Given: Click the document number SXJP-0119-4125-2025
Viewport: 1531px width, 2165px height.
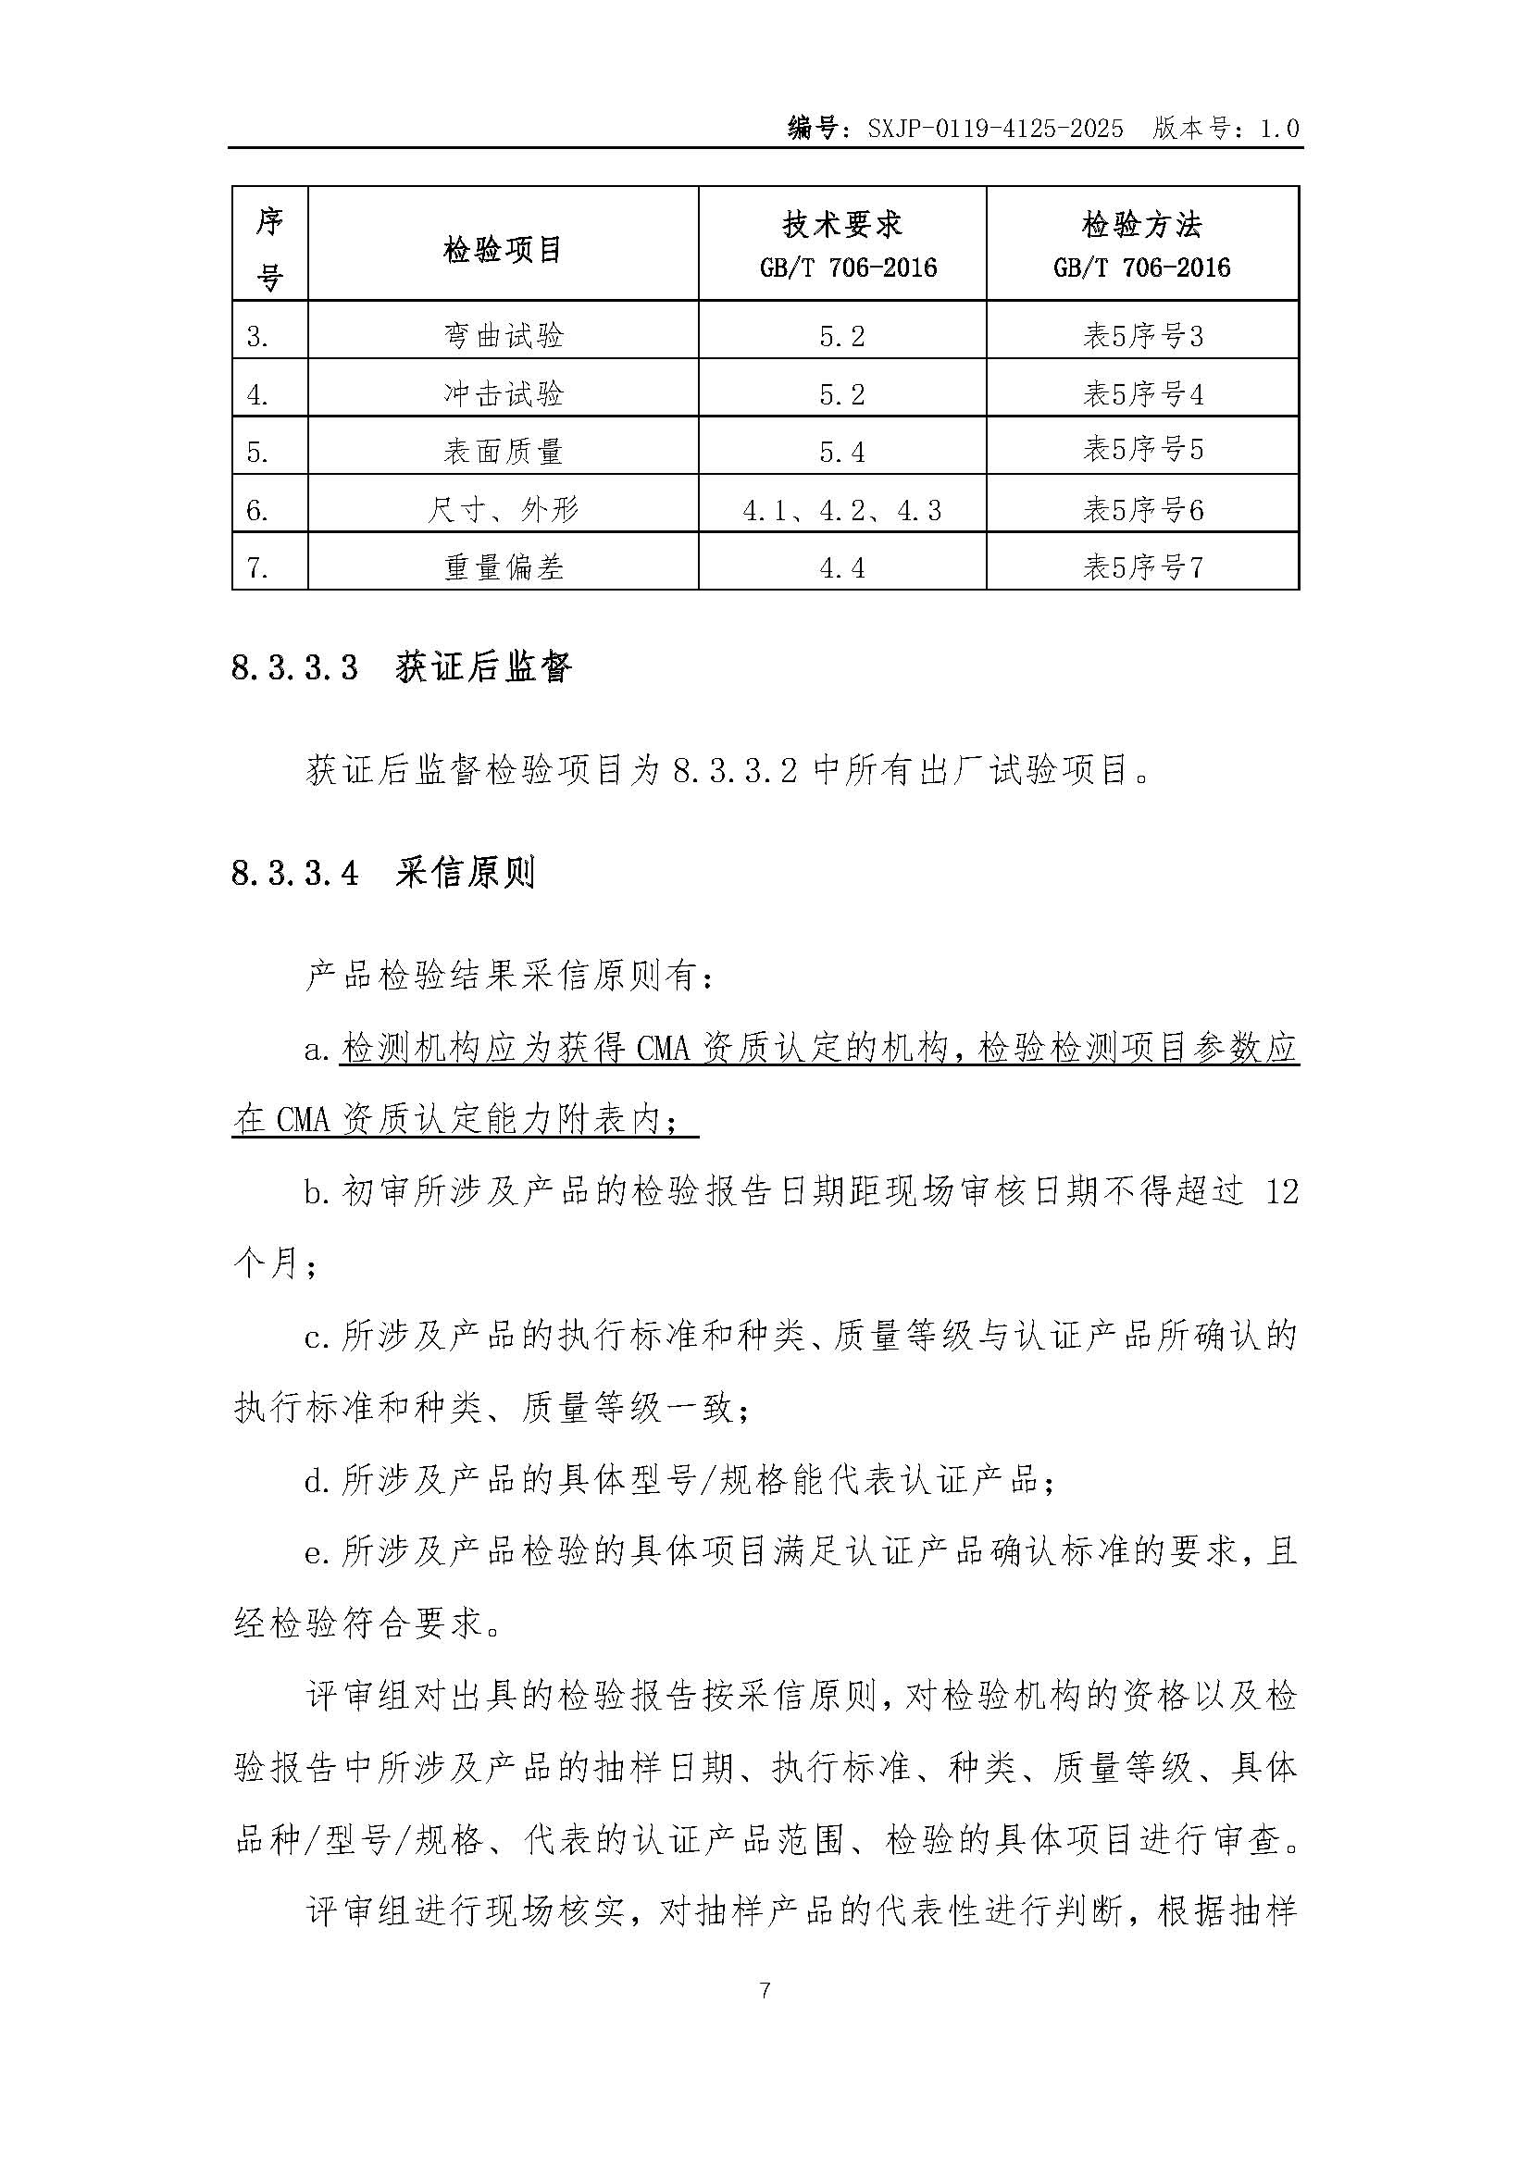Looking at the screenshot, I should tap(996, 129).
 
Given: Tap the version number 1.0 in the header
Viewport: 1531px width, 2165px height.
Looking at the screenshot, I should tap(1279, 129).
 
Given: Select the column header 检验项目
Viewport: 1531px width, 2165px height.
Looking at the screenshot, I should tap(503, 250).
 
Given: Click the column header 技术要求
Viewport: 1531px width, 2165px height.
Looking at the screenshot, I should tap(841, 224).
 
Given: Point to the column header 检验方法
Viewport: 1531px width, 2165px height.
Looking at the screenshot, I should tap(1141, 224).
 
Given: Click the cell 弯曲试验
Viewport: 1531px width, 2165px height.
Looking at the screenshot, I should tap(503, 336).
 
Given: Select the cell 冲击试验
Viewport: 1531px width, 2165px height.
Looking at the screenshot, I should tap(503, 393).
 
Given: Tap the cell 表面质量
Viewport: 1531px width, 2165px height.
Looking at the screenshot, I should tap(503, 452).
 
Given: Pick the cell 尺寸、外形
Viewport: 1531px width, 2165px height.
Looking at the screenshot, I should tap(503, 510).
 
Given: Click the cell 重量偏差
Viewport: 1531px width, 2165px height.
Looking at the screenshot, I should tap(503, 567).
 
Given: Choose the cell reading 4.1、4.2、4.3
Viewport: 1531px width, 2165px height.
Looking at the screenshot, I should tap(841, 510).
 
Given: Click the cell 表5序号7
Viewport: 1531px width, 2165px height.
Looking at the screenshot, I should tap(1141, 567).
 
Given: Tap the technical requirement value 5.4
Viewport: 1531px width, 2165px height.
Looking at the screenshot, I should tap(841, 452).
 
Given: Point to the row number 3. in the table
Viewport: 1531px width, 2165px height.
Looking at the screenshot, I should tap(257, 337).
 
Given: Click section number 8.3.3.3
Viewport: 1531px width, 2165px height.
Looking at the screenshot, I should tap(294, 668).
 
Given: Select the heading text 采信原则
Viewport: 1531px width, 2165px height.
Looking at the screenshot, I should tap(466, 873).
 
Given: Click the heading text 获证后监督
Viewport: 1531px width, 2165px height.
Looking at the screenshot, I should tap(483, 668).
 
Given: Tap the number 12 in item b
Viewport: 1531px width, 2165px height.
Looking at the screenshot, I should tap(1281, 1192).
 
